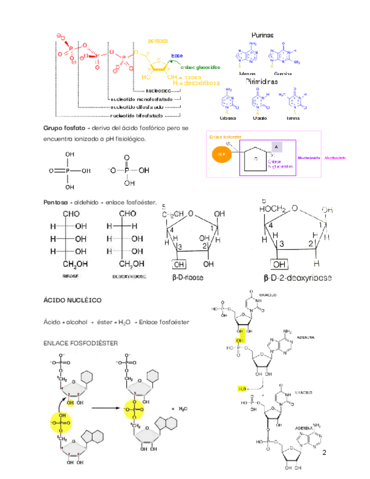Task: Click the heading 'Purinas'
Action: [262, 35]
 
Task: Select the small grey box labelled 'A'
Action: [277, 147]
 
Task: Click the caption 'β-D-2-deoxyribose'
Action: [298, 278]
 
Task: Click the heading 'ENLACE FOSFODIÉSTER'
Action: [77, 343]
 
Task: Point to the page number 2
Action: [324, 454]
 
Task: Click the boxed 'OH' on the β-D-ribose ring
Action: [180, 264]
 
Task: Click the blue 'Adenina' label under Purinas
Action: [247, 73]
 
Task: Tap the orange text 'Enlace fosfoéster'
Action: [226, 137]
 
